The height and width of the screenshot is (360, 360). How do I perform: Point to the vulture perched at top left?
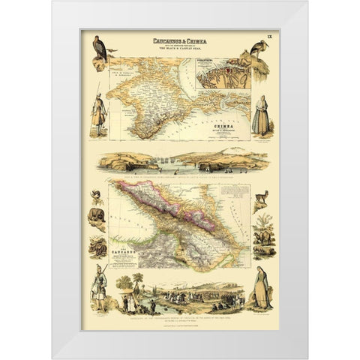[x=96, y=52]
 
